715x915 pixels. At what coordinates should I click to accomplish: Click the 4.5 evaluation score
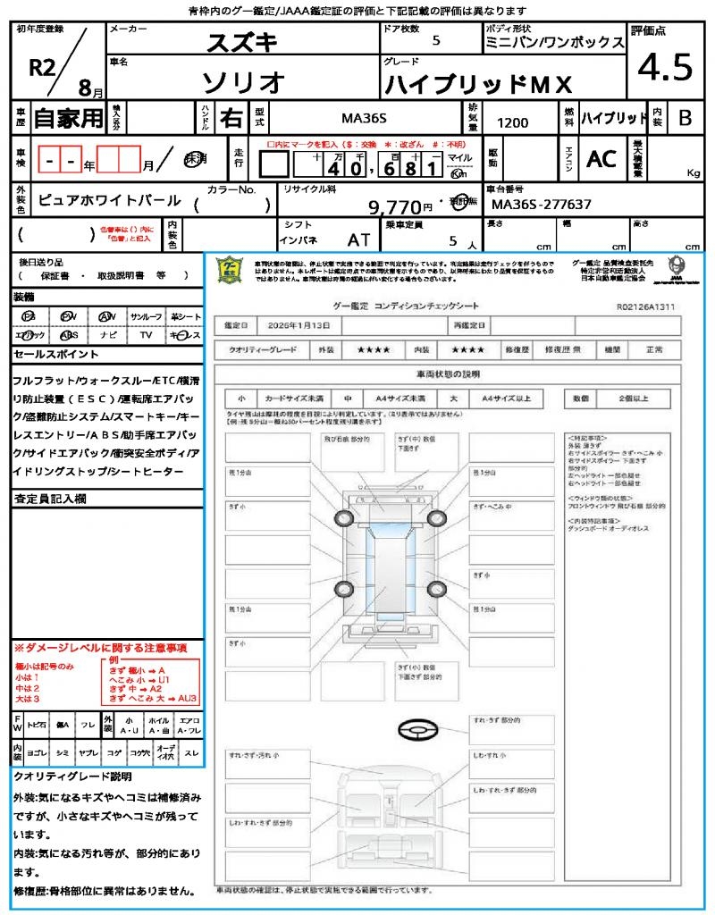[x=665, y=68]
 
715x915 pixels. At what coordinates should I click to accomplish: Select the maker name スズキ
[x=242, y=42]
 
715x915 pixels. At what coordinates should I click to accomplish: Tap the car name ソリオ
[x=244, y=82]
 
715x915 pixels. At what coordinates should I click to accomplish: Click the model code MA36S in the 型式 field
[x=366, y=117]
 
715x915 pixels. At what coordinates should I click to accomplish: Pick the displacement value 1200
[x=512, y=123]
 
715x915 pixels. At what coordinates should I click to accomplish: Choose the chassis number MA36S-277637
[x=542, y=205]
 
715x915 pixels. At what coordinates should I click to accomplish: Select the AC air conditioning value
[x=601, y=158]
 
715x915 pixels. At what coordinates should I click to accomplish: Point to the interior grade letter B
[x=685, y=117]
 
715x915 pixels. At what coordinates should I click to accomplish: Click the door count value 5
[x=435, y=40]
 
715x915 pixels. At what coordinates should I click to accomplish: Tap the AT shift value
[x=358, y=239]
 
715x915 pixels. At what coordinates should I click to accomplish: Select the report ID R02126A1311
[x=645, y=306]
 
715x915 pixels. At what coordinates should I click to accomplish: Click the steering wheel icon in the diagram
[x=417, y=731]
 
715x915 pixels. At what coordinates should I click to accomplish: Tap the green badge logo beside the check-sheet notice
[x=231, y=271]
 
